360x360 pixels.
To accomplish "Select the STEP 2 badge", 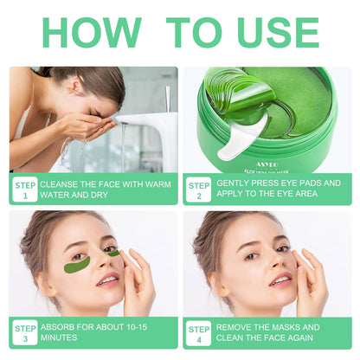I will pos(199,190).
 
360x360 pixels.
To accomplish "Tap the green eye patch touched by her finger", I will pos(114,254).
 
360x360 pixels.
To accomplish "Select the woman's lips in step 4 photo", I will pos(279,279).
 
